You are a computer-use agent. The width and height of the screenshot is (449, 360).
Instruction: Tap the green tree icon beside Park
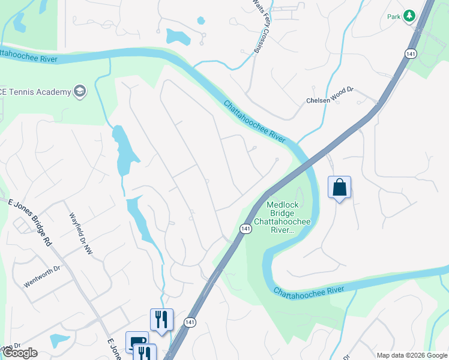click(x=409, y=16)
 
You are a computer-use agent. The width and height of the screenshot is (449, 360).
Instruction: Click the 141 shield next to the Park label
click(x=411, y=53)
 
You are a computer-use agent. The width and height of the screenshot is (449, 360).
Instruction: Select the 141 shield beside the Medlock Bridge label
click(x=246, y=229)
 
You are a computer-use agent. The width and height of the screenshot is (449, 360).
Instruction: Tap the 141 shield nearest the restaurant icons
click(x=190, y=322)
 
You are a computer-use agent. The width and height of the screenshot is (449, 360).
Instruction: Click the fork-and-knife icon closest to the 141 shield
click(x=161, y=319)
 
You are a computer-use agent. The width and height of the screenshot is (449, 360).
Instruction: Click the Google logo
click(x=20, y=353)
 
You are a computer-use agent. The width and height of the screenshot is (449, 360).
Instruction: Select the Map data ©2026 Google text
click(x=412, y=355)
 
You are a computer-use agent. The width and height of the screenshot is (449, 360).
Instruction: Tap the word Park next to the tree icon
click(x=394, y=17)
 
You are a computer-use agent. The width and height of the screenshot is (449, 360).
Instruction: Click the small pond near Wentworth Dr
click(x=59, y=341)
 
